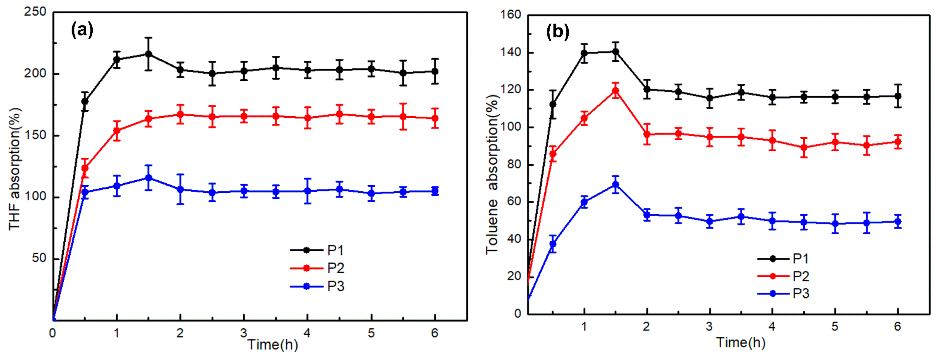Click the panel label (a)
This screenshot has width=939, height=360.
[x=82, y=30]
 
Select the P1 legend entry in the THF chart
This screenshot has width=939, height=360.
[x=317, y=250]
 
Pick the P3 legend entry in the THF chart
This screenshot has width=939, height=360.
[x=317, y=286]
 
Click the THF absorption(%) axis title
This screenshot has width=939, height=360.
[x=15, y=169]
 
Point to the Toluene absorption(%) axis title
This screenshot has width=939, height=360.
[x=492, y=174]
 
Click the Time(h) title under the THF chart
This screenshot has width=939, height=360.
[x=273, y=344]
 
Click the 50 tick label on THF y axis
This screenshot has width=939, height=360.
[x=39, y=258]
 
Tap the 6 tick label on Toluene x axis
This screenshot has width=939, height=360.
[x=897, y=327]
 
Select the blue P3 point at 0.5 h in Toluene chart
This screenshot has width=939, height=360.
[x=553, y=244]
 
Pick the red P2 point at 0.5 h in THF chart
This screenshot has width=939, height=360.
[x=85, y=168]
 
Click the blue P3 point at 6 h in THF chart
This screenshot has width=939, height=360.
[x=435, y=191]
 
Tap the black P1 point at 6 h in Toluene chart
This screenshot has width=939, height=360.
[x=897, y=96]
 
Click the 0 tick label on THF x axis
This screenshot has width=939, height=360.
[x=53, y=333]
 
